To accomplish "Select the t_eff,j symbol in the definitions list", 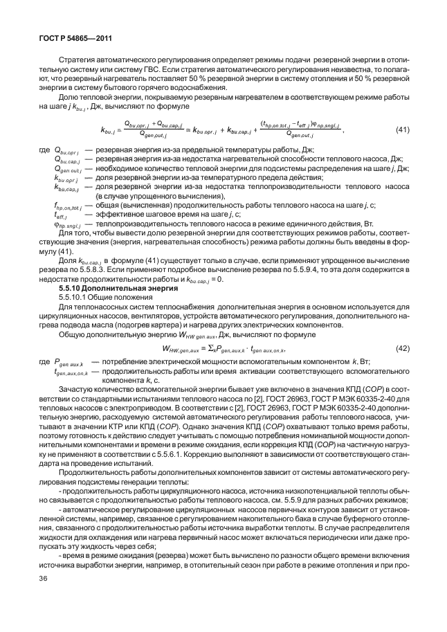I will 63,215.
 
